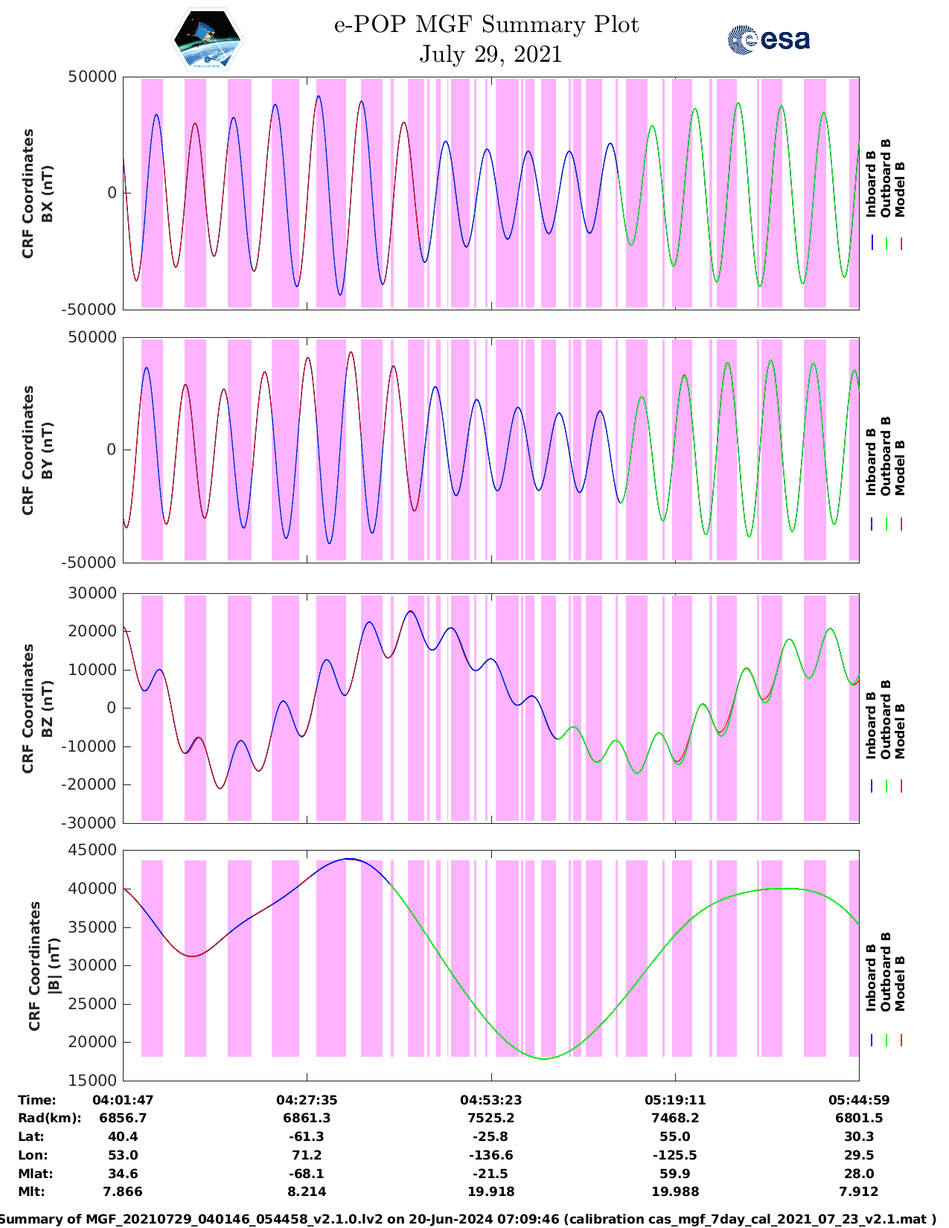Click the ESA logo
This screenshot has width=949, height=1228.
point(769,39)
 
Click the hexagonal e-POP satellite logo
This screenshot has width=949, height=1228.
point(208,39)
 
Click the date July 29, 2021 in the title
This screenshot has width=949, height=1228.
point(490,54)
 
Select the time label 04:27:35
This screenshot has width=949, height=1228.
point(307,1100)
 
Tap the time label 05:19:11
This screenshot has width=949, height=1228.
point(675,1100)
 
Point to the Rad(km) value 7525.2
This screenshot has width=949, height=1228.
point(491,1118)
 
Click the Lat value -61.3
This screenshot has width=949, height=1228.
point(307,1136)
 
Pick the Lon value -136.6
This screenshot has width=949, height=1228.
point(491,1155)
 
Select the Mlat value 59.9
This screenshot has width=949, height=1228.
point(675,1174)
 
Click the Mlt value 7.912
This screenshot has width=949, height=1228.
point(859,1192)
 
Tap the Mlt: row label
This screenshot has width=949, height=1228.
point(31,1192)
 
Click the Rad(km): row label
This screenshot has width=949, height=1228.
point(49,1118)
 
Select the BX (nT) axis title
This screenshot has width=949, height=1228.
point(47,194)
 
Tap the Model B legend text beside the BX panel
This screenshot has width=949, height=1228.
point(900,189)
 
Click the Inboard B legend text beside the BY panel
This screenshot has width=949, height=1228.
point(871,461)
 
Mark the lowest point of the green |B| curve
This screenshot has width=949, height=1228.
point(545,1058)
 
